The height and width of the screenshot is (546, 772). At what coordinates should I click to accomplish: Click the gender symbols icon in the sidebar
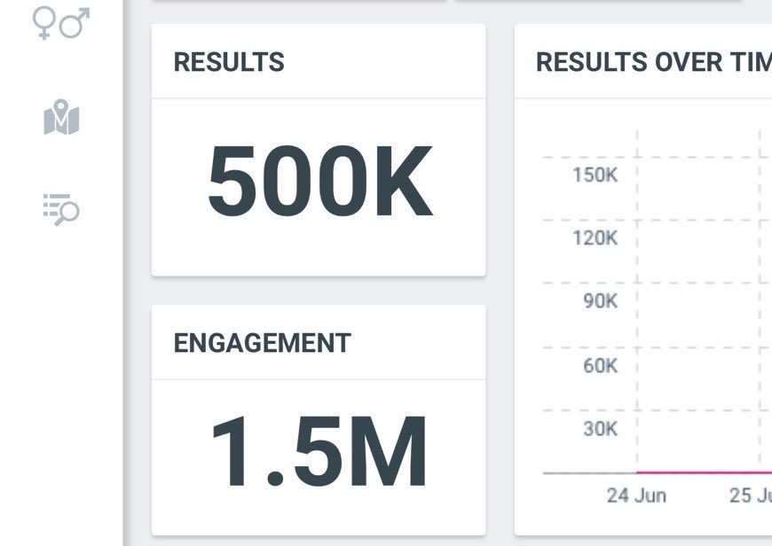point(61,23)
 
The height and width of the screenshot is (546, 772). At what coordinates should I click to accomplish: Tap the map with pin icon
point(61,117)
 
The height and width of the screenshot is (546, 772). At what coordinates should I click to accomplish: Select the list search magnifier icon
point(61,209)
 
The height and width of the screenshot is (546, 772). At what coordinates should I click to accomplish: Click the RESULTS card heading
point(229,62)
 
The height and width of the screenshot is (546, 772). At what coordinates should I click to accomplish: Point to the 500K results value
point(320,181)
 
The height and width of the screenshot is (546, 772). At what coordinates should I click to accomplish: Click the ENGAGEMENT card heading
point(262,343)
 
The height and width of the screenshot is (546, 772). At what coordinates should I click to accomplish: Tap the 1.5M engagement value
point(319,451)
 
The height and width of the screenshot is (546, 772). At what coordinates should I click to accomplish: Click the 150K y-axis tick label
point(595,175)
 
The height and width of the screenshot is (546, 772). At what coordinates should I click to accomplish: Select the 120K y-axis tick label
point(595,238)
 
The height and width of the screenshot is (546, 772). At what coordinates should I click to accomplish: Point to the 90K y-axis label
point(600,301)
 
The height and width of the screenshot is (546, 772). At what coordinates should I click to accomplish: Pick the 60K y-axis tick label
point(600,365)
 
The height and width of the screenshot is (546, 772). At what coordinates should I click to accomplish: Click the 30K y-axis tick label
point(600,428)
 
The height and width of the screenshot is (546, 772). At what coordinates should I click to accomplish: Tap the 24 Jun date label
point(636,495)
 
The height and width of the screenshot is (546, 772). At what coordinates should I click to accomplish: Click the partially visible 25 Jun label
point(751,495)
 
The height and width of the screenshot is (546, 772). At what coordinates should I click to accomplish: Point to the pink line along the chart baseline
point(704,472)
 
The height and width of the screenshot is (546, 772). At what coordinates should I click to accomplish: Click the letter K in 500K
point(404,181)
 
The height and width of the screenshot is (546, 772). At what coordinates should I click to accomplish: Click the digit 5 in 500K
point(232,181)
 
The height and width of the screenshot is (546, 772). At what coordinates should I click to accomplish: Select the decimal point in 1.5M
point(275,478)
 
